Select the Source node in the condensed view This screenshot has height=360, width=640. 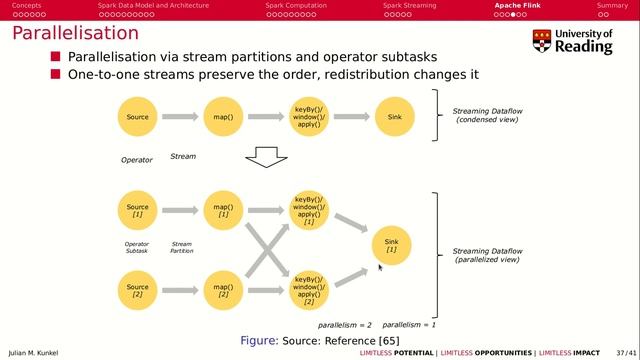[138, 117]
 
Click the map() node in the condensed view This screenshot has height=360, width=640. [223, 117]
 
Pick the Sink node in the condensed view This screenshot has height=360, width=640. [394, 117]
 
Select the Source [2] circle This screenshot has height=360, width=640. [138, 291]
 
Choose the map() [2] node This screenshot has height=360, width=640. [223, 291]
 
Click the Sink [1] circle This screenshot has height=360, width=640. [391, 245]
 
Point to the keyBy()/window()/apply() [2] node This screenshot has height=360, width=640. [308, 291]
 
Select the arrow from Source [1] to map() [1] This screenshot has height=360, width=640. [180, 211]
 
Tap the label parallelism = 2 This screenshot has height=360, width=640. [345, 325]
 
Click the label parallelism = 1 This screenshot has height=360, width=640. [408, 325]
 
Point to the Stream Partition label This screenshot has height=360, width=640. [182, 247]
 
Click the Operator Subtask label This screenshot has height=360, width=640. [137, 247]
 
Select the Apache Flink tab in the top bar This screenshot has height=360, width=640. [518, 5]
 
